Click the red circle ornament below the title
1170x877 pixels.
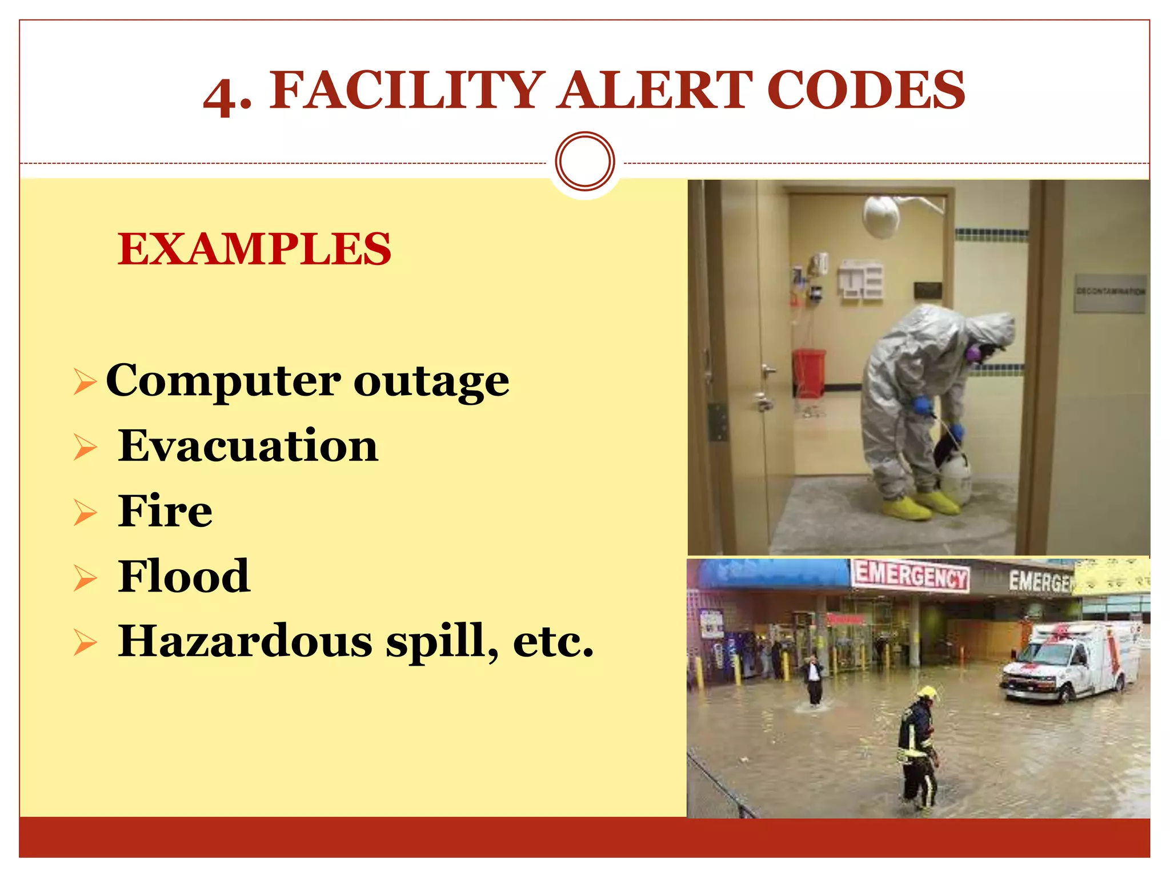point(585,162)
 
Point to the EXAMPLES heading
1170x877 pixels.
point(254,249)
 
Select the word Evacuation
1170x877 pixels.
point(248,446)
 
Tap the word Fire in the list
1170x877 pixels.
point(165,511)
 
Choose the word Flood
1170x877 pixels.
point(184,576)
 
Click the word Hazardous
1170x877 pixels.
point(246,641)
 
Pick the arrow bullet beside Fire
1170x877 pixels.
point(85,512)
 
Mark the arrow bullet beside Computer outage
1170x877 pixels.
point(85,381)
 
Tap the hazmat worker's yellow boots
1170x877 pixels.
point(920,505)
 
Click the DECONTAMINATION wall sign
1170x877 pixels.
point(1110,292)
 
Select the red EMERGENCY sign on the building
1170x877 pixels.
point(911,575)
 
